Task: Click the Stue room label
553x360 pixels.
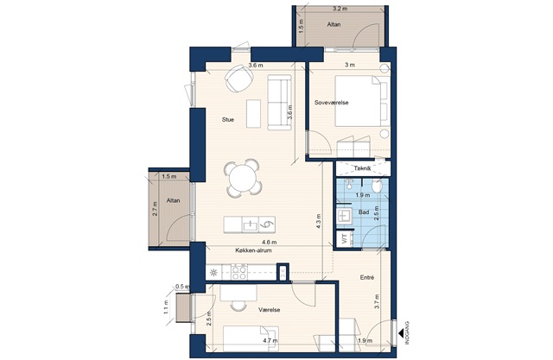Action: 228,119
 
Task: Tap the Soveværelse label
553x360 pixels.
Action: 332,103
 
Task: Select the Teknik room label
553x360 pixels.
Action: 363,168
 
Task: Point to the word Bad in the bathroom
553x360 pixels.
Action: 364,212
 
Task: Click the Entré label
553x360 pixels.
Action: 367,278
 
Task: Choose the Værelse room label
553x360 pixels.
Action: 269,310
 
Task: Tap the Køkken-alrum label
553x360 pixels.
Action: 253,250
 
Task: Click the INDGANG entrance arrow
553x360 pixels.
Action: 401,332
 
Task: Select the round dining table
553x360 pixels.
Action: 243,178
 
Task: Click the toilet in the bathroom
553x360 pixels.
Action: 377,186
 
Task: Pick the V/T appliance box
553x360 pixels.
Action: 345,238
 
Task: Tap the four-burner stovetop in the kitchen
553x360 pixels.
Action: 238,273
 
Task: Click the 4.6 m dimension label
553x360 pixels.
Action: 269,243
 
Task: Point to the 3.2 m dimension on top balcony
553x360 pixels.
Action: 340,9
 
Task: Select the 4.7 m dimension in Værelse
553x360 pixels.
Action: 270,341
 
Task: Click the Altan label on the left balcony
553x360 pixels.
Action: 173,200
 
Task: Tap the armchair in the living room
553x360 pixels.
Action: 238,79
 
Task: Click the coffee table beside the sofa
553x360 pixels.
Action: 253,114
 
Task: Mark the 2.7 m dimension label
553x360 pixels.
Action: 156,208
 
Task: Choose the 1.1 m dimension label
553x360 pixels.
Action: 167,306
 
